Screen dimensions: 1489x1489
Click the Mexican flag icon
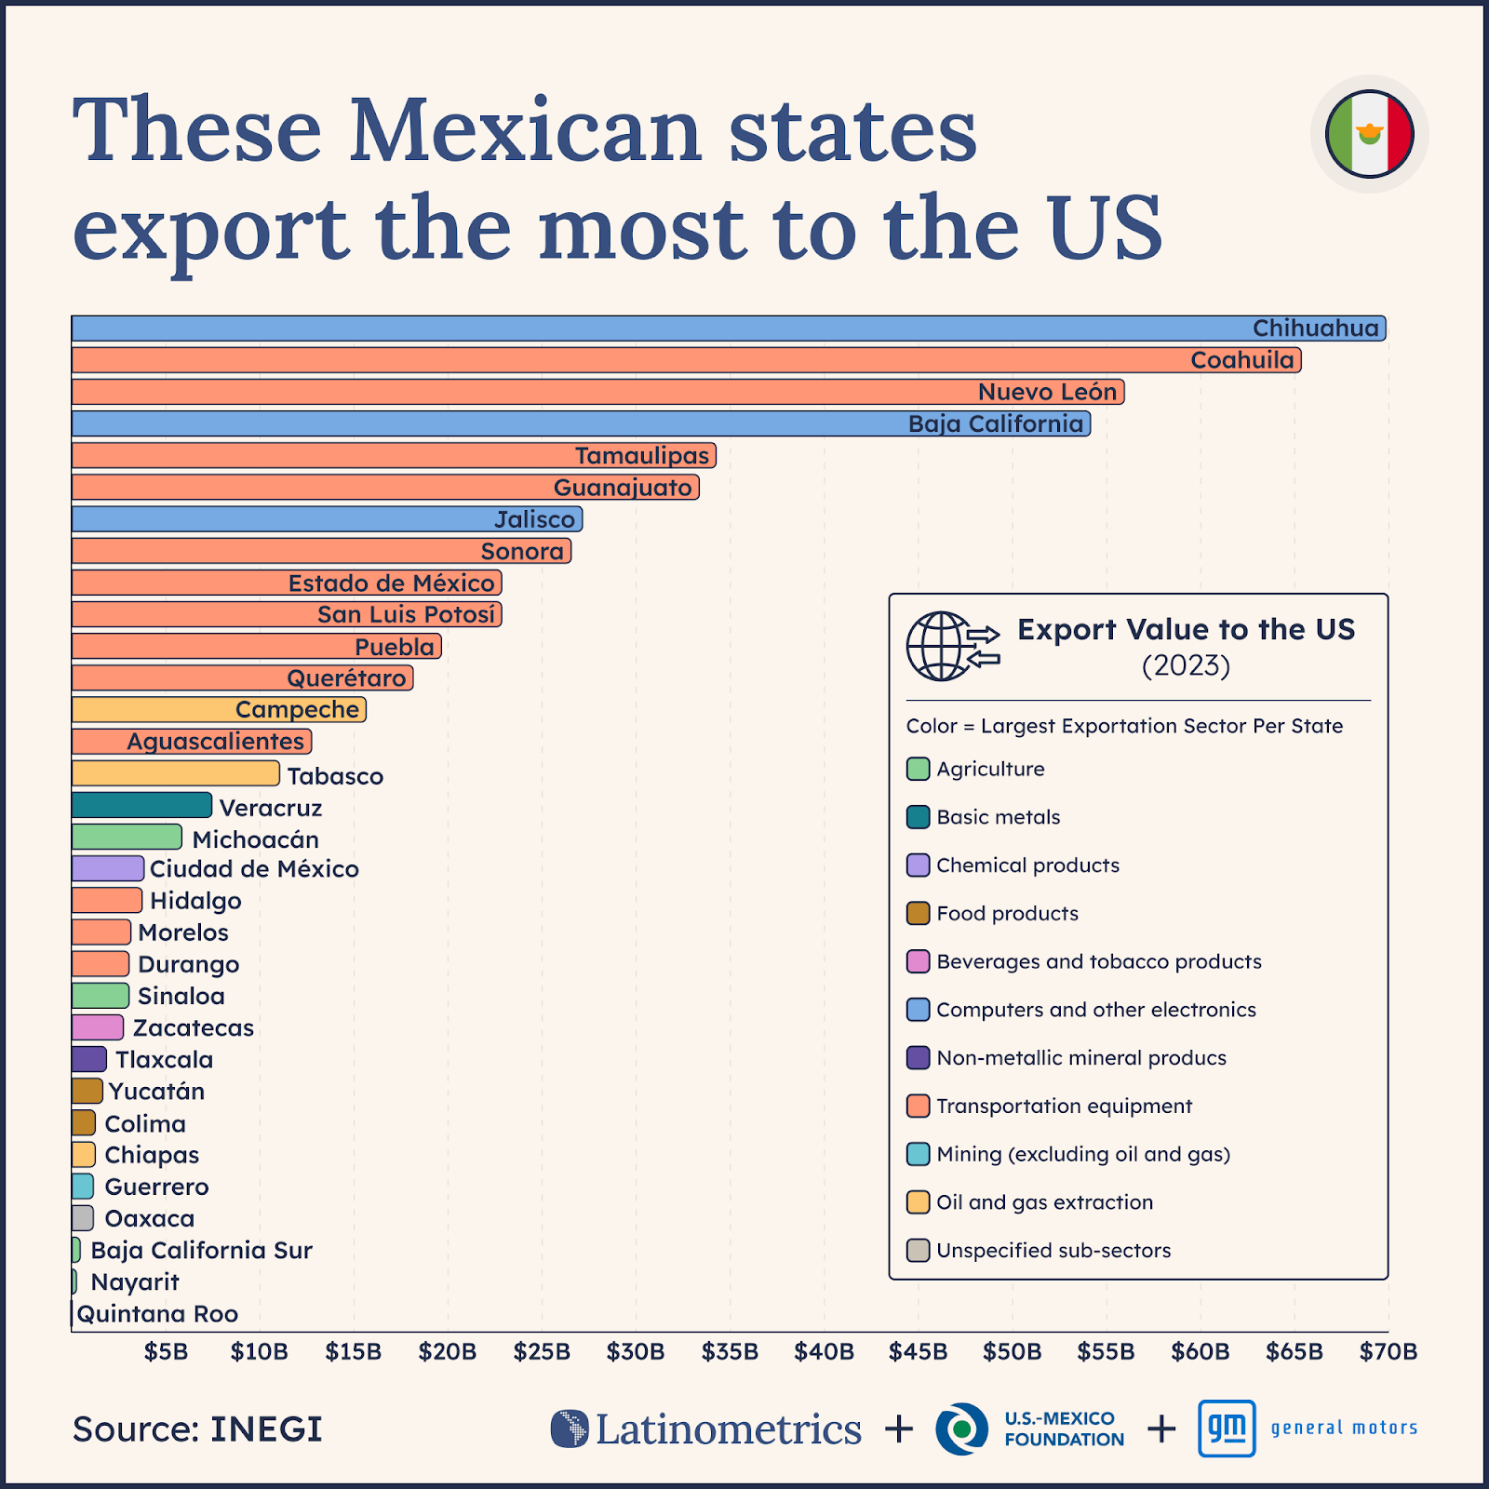coord(1369,134)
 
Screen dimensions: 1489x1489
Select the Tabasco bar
coord(175,773)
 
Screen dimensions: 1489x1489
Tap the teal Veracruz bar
coord(141,805)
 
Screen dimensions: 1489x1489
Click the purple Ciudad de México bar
coord(108,868)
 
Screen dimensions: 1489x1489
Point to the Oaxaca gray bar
coord(83,1217)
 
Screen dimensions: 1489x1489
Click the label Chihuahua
coord(1314,329)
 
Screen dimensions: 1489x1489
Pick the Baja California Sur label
coord(201,1250)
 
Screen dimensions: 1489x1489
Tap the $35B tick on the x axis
coord(730,1351)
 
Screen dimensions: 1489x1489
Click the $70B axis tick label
coord(1388,1351)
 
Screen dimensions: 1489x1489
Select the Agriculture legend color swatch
coord(918,769)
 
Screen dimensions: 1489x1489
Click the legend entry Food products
coord(1007,913)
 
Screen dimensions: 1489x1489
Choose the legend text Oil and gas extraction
coord(1044,1202)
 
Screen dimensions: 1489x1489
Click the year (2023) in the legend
coord(1186,665)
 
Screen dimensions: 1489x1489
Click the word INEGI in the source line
coord(266,1429)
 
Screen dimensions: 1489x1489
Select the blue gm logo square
coord(1227,1428)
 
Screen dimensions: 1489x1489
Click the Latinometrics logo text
coord(728,1429)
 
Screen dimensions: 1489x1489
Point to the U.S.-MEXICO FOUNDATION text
coord(1063,1429)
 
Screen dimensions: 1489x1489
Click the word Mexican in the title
coord(525,130)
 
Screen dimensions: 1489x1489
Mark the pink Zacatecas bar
coord(98,1027)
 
